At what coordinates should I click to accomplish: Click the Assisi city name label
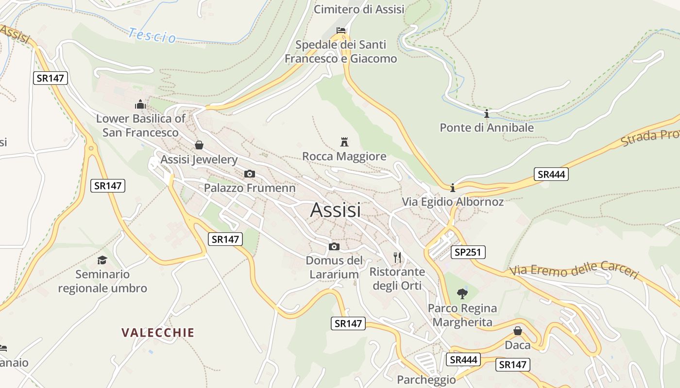click(x=335, y=210)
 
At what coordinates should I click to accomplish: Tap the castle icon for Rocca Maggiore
click(x=344, y=142)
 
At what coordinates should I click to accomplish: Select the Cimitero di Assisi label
click(x=359, y=9)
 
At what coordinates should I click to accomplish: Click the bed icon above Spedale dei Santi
click(x=341, y=31)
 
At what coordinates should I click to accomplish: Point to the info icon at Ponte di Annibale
click(x=487, y=114)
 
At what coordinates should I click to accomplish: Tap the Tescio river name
click(x=152, y=35)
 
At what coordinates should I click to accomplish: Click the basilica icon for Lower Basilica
click(x=140, y=104)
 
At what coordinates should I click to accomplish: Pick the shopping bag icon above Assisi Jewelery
click(x=199, y=145)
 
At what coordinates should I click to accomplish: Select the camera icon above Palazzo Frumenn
click(x=249, y=174)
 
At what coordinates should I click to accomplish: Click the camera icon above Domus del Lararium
click(x=334, y=246)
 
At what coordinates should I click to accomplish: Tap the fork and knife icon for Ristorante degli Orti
click(x=397, y=257)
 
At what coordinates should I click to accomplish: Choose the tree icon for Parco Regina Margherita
click(x=462, y=293)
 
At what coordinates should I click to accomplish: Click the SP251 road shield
click(x=468, y=252)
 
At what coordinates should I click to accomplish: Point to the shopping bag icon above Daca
click(x=518, y=331)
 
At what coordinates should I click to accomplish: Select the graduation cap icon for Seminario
click(x=102, y=260)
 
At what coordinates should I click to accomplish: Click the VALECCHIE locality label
click(x=158, y=332)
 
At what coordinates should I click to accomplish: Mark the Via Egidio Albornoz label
click(x=453, y=202)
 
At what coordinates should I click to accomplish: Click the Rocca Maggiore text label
click(x=344, y=156)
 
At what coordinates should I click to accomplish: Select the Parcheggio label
click(x=426, y=379)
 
